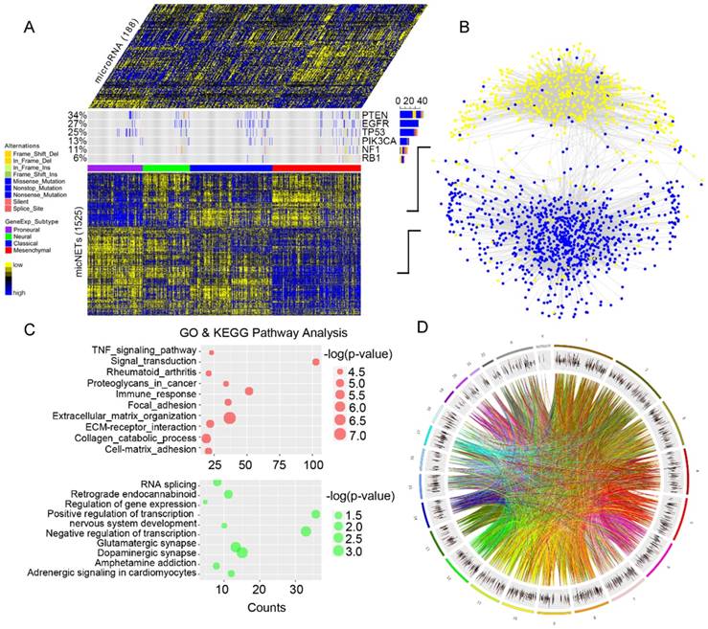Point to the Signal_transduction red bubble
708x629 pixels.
314,361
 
